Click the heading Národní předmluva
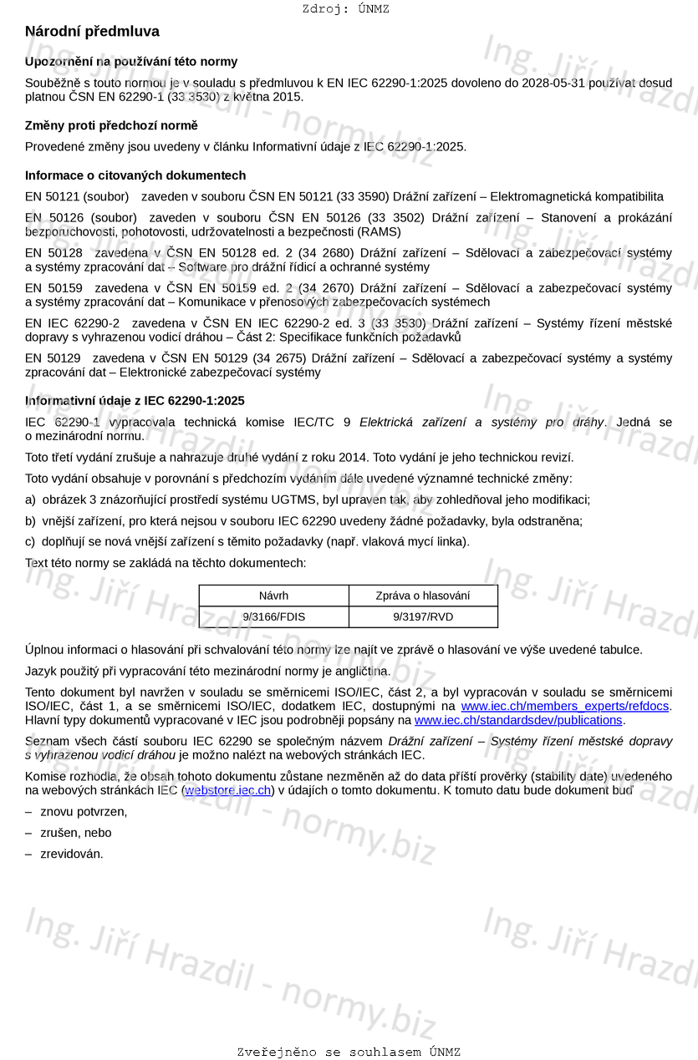pos(92,32)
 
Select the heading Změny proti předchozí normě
pos(111,125)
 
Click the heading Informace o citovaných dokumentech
pos(135,175)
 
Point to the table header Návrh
pos(273,596)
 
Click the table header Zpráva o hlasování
pos(423,596)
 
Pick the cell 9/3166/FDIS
pos(273,617)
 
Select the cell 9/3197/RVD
pos(423,617)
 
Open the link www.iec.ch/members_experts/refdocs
pos(565,706)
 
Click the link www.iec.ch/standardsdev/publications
pos(518,720)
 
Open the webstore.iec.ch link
pos(227,789)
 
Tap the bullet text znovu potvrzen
pos(84,811)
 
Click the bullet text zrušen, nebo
pos(75,833)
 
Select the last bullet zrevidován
pos(72,854)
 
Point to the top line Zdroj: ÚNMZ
pos(345,9)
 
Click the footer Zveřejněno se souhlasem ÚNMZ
pos(349,1052)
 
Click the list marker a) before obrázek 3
pos(31,500)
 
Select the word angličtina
pos(360,671)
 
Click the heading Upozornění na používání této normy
pos(131,62)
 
